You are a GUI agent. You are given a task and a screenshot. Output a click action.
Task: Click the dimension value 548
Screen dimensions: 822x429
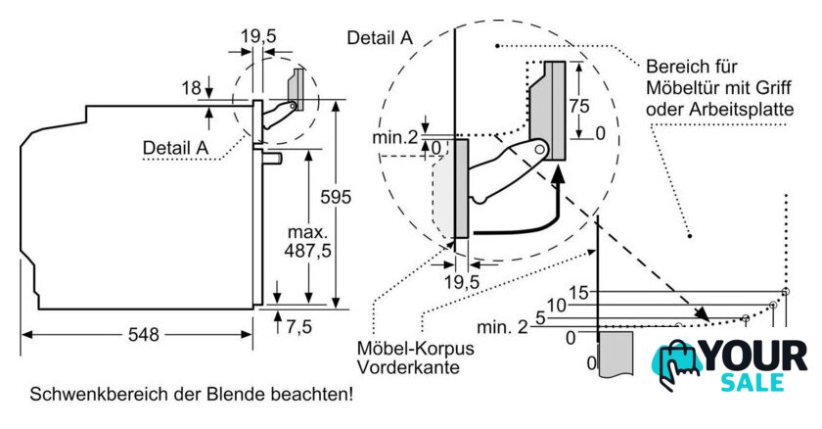click(143, 334)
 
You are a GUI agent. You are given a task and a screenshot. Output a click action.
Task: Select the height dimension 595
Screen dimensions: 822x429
click(336, 197)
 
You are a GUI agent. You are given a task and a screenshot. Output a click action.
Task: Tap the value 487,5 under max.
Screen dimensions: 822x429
click(307, 251)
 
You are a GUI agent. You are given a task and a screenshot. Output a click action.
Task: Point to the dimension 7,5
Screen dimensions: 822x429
click(299, 327)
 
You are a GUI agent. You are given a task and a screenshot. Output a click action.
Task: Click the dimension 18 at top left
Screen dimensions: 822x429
click(192, 87)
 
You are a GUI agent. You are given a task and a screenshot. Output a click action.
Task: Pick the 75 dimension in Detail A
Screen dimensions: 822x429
click(579, 106)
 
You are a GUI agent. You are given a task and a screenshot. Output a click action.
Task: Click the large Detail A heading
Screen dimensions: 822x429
click(380, 38)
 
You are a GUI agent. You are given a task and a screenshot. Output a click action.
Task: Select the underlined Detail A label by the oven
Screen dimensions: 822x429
click(175, 148)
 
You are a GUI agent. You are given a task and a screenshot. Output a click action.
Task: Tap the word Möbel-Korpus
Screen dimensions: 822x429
click(415, 348)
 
